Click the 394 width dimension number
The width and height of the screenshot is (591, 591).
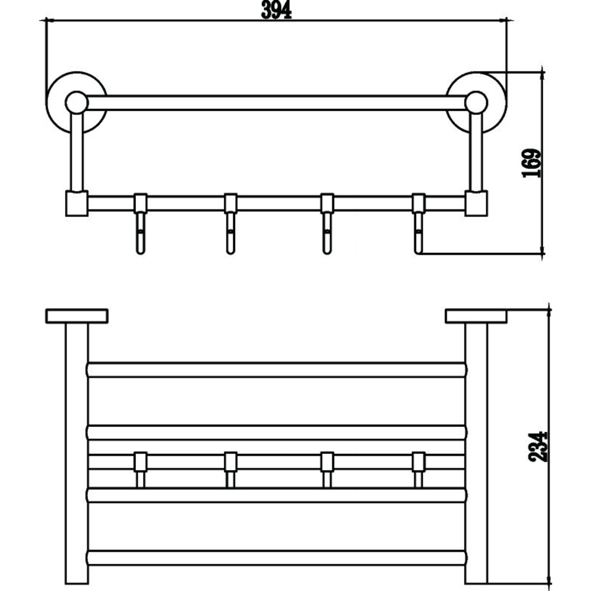click(276, 10)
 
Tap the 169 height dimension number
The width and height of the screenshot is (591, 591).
click(531, 164)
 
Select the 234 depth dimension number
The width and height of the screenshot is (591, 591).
click(538, 447)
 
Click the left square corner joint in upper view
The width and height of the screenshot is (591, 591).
click(77, 204)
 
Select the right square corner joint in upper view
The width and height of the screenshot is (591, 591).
click(477, 204)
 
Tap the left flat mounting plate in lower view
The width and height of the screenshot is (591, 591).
click(77, 317)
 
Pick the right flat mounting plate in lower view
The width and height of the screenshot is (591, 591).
click(476, 317)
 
